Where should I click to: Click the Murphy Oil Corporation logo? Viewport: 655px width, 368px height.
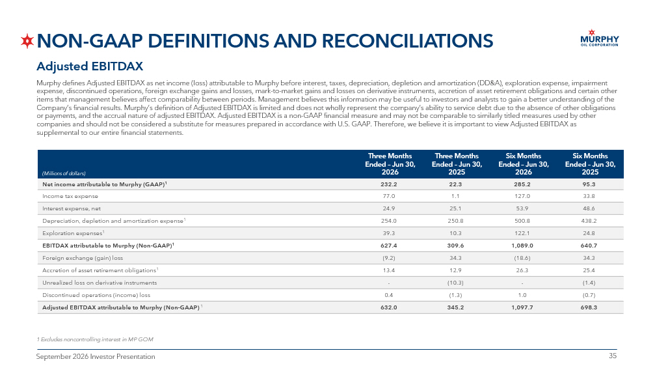click(x=600, y=38)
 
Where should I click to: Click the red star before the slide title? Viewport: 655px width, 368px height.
click(x=27, y=41)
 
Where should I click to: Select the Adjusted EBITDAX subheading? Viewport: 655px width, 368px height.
click(x=90, y=66)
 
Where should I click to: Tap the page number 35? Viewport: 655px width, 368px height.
click(x=612, y=356)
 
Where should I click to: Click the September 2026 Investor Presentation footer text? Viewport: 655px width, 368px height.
click(x=96, y=356)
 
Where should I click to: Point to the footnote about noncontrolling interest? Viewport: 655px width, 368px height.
click(x=95, y=339)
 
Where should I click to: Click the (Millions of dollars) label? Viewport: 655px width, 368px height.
click(x=64, y=173)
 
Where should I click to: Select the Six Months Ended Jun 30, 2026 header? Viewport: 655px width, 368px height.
click(x=524, y=164)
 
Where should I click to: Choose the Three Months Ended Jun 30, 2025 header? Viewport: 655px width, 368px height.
click(x=457, y=164)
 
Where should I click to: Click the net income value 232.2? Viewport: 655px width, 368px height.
click(x=388, y=184)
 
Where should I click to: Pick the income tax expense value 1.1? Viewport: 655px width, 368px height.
click(x=455, y=196)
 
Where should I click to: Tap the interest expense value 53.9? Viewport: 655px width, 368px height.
click(x=522, y=208)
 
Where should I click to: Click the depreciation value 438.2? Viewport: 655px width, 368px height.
click(x=589, y=221)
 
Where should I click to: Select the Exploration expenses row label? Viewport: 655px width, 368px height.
click(x=74, y=233)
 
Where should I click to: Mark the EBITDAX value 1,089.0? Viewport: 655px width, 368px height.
click(x=522, y=246)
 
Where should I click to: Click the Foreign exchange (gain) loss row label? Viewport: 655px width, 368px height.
click(x=83, y=258)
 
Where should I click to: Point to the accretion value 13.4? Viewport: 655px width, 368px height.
click(x=388, y=270)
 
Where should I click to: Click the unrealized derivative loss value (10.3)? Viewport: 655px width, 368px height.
click(x=455, y=283)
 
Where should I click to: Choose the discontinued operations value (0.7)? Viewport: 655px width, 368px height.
click(x=589, y=295)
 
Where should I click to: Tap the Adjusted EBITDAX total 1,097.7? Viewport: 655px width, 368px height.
click(x=522, y=307)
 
